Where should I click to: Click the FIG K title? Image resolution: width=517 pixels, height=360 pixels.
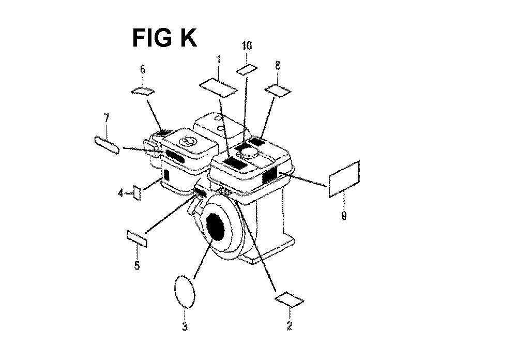(164, 38)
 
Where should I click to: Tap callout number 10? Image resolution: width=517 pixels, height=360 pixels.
(247, 46)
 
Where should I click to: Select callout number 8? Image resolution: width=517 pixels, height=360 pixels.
(278, 65)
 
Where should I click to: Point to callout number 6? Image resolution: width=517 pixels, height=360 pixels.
(143, 70)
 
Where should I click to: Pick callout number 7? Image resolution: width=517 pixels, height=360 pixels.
(107, 118)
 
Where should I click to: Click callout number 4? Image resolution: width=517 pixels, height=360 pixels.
(121, 192)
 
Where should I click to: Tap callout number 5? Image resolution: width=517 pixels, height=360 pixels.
(137, 265)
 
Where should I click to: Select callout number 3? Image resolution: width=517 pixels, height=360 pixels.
(185, 326)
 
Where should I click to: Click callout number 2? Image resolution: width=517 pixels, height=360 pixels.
(289, 326)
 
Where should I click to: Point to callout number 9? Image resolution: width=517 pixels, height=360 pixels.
(344, 216)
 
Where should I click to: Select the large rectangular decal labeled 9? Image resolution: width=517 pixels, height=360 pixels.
(344, 179)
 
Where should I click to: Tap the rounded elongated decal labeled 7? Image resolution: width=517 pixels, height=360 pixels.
(107, 144)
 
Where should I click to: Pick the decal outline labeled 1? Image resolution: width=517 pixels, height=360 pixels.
(218, 87)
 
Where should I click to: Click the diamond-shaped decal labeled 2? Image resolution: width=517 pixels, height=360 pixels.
(290, 299)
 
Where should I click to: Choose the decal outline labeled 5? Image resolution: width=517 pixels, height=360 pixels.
(137, 238)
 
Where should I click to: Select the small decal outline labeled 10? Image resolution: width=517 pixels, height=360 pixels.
(247, 70)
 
